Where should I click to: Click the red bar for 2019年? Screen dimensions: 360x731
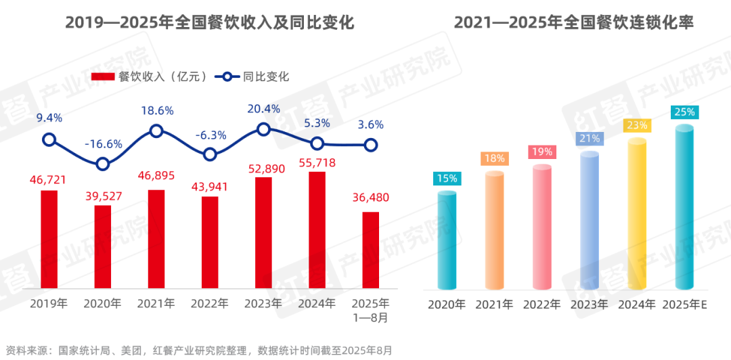tap(49, 238)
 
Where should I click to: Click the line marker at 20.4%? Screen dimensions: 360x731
tap(263, 129)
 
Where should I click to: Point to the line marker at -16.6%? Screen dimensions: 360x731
tap(102, 164)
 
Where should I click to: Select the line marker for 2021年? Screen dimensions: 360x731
tap(156, 131)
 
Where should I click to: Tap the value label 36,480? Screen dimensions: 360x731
tap(371, 198)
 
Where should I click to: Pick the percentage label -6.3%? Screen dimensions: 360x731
tap(210, 135)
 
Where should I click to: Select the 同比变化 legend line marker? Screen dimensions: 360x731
tap(228, 76)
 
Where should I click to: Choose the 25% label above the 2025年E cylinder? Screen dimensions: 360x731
tap(684, 112)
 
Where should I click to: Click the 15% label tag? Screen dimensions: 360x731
tap(447, 179)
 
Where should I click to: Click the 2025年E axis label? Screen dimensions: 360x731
tap(685, 305)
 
